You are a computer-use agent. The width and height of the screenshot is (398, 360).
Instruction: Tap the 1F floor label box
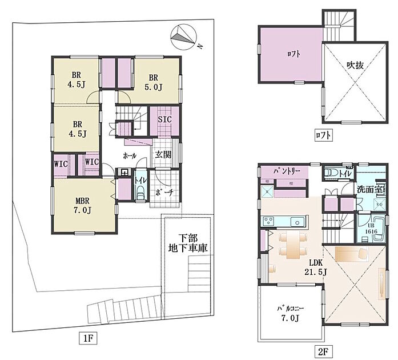[x=88, y=339]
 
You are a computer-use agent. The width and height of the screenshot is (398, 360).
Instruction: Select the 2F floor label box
[x=323, y=351]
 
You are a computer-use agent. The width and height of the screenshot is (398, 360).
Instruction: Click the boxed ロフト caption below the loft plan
[x=323, y=135]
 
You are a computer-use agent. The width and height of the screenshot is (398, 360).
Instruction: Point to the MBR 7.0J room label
[x=83, y=206]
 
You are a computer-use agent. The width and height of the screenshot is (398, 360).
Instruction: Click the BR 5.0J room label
[x=153, y=82]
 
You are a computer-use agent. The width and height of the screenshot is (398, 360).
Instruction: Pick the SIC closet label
[x=164, y=119]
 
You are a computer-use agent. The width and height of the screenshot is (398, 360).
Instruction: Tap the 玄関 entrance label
[x=163, y=154]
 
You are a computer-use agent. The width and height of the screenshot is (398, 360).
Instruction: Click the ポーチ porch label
[x=165, y=193]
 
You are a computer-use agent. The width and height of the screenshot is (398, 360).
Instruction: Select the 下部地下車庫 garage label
[x=188, y=243]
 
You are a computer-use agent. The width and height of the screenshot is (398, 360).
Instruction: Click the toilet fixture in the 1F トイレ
[x=140, y=193]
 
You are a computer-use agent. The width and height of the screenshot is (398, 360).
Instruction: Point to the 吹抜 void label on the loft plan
[x=355, y=66]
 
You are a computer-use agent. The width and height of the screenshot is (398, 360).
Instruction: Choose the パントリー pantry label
[x=287, y=171]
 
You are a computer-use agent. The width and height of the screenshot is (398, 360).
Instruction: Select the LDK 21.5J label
[x=316, y=268]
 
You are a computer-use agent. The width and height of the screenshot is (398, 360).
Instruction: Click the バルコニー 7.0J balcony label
[x=291, y=313]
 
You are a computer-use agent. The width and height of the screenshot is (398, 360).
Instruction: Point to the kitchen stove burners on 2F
[x=268, y=221]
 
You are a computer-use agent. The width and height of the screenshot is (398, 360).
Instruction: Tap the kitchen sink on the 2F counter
[x=297, y=222]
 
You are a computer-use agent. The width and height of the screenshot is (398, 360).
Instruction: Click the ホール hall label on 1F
[x=130, y=156]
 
